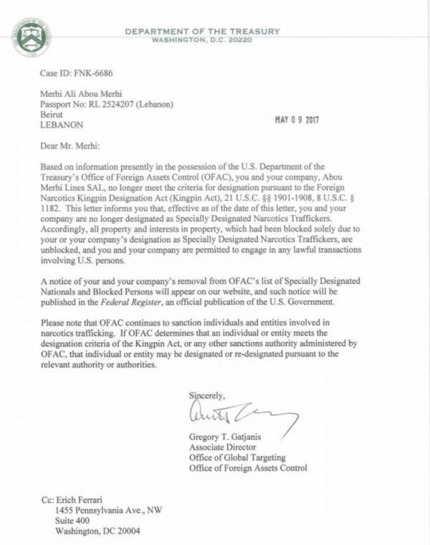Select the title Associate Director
click(224, 448)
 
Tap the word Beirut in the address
click(53, 114)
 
